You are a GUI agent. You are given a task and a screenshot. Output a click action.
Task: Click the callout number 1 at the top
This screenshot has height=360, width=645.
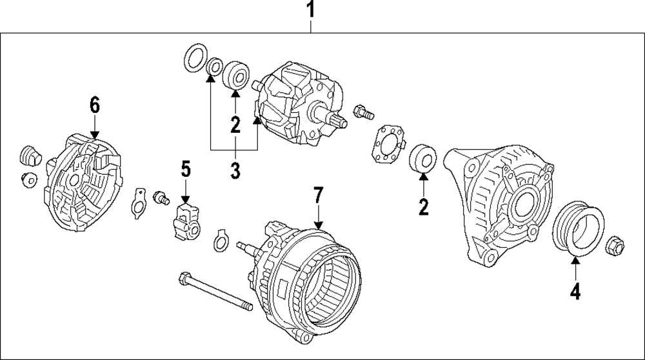pyautogui.click(x=311, y=11)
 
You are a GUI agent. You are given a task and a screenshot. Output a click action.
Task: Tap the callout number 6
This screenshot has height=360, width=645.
pyautogui.click(x=95, y=104)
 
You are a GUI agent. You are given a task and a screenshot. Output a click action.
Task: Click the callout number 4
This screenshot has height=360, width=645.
pyautogui.click(x=575, y=292)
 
